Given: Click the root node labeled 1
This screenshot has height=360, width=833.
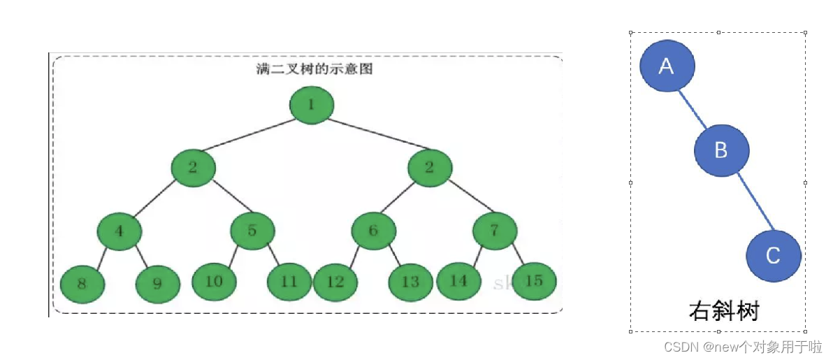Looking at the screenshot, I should pos(312,105).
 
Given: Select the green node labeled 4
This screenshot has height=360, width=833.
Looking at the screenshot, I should pos(119,230).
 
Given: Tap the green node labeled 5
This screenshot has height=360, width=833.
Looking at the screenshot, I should pos(252,230).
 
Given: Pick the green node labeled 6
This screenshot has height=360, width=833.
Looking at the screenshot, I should pos(373,230).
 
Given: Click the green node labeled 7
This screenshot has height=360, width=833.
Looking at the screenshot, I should pos(495,230).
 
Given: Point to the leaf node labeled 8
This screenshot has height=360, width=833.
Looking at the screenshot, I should pos(82,284).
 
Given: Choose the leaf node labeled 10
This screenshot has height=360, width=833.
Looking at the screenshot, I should pos(214,281).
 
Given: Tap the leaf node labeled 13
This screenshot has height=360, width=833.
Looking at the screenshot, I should pos(411,282).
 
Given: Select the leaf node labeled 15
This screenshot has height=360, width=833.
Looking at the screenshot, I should pos(534,281).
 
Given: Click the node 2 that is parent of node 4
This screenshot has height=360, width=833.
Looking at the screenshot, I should pos(193,168).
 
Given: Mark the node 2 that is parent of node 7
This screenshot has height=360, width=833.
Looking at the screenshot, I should pos(430,168).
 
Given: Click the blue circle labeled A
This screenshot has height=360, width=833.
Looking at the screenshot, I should pos(667,66).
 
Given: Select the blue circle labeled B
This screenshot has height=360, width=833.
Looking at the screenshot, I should pos(722,150).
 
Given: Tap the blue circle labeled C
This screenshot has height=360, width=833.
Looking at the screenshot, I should pos(774,256).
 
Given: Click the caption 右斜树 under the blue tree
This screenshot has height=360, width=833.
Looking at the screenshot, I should pos(723,310).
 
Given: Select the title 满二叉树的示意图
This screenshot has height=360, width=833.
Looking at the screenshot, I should pos(312,69).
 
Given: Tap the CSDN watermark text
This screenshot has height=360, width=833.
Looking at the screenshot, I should pos(743,346).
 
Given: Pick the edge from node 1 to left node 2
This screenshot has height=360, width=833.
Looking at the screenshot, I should pos(252,136).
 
